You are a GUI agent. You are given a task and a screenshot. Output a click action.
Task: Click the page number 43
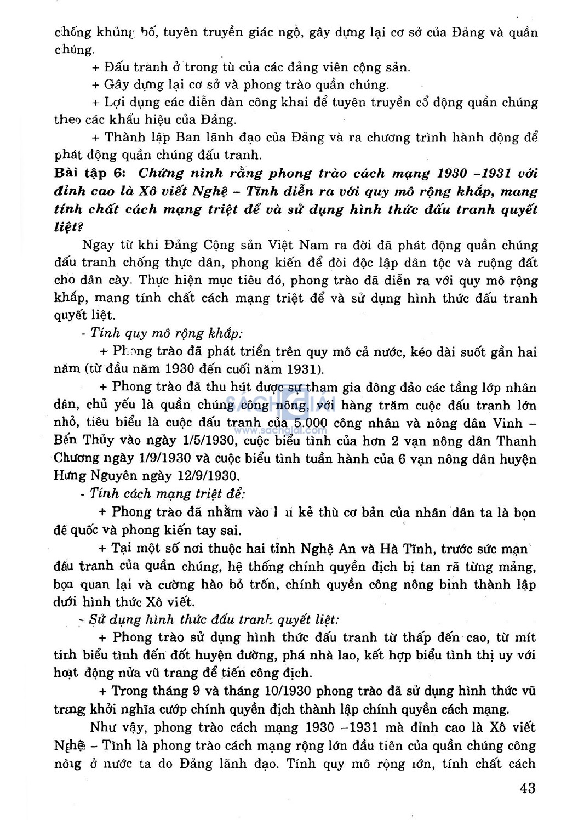[527, 788]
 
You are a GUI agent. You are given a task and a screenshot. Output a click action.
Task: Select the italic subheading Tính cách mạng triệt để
[167, 494]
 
